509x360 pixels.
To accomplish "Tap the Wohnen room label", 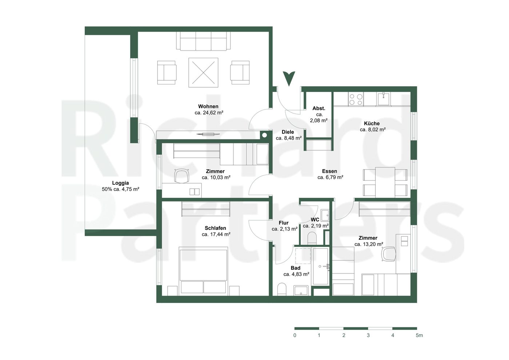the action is click(x=208, y=106).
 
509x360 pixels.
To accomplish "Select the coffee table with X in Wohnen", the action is click(x=203, y=72).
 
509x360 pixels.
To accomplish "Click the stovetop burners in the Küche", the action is click(x=356, y=99).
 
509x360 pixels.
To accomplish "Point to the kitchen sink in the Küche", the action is click(x=384, y=99).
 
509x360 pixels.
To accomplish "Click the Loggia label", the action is click(x=120, y=183).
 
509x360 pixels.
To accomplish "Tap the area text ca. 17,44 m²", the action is click(x=216, y=234).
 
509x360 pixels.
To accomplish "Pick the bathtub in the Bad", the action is click(x=320, y=266).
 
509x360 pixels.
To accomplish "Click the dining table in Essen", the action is click(x=385, y=182).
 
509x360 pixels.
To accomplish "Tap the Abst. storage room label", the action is click(x=319, y=108).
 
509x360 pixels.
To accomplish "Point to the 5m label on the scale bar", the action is click(x=419, y=335).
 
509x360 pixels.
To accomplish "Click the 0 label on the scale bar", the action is click(x=295, y=335).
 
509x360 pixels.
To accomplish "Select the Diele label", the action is click(x=288, y=132).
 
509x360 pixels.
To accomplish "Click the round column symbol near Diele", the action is click(x=264, y=135).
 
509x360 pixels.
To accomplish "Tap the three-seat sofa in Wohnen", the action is click(x=203, y=41).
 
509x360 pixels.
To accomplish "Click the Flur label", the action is click(x=284, y=223).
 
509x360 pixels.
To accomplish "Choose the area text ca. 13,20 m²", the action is click(x=369, y=244).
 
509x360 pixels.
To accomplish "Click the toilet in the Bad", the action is click(x=282, y=289).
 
